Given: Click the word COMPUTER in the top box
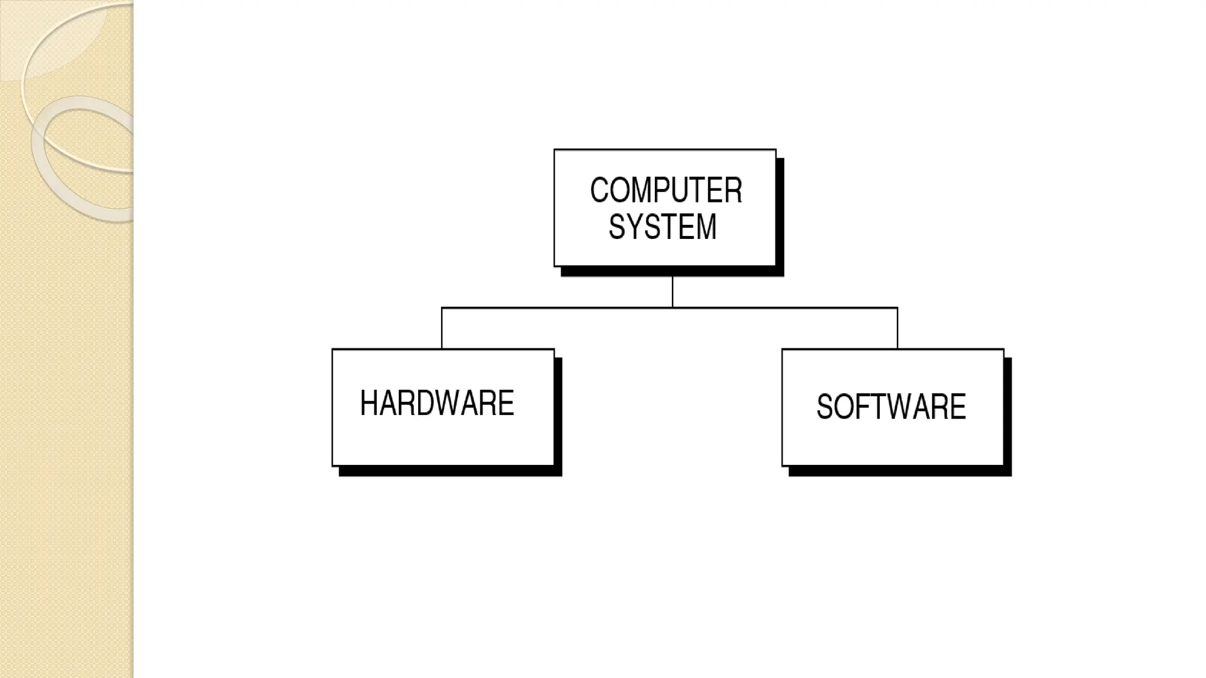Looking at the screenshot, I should pyautogui.click(x=666, y=191).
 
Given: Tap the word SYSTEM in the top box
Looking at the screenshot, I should pyautogui.click(x=662, y=227).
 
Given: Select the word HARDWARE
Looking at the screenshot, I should pyautogui.click(x=437, y=404).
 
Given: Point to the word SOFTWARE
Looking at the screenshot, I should pyautogui.click(x=891, y=407).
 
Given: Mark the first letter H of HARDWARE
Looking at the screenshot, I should pyautogui.click(x=369, y=404).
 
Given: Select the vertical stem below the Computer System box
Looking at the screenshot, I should pyautogui.click(x=672, y=291).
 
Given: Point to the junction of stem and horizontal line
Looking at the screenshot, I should pyautogui.click(x=672, y=307).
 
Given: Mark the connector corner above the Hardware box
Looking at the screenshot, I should pyautogui.click(x=442, y=307).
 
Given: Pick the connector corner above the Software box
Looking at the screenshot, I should pyautogui.click(x=897, y=307).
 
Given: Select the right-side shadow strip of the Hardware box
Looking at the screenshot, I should pyautogui.click(x=558, y=415).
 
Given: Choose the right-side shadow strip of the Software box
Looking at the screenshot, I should pyautogui.click(x=1008, y=415).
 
